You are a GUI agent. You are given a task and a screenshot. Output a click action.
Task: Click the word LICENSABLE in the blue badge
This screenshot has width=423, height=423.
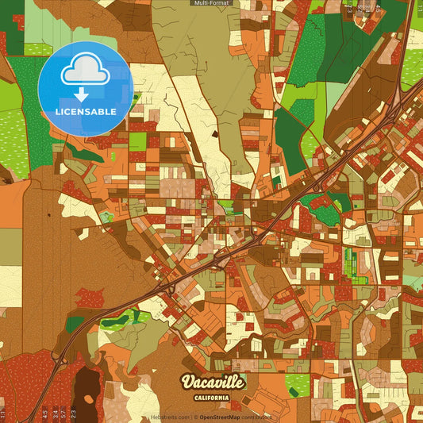click(86, 112)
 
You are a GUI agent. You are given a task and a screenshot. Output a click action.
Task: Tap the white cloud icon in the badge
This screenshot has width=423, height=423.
click(86, 73)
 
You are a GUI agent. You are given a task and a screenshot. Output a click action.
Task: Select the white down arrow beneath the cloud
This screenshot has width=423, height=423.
click(82, 94)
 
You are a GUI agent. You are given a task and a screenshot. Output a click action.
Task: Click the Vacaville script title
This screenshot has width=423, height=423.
click(212, 382)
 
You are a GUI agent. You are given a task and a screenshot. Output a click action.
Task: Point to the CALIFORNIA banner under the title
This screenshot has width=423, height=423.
click(212, 397)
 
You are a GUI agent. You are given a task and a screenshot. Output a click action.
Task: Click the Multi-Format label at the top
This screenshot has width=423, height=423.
click(211, 3)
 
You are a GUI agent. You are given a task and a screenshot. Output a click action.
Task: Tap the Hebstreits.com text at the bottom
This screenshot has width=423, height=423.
click(168, 417)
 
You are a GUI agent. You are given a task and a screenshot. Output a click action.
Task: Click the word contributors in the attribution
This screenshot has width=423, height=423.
click(257, 417)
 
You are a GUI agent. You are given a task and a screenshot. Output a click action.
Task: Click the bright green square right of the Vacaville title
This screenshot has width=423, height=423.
click(298, 384)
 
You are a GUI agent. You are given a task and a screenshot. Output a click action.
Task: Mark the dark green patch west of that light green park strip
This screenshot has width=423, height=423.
click(75, 324)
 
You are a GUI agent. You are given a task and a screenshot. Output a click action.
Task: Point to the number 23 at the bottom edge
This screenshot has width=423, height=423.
click(73, 413)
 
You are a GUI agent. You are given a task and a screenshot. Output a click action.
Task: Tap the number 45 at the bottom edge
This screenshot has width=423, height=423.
click(44, 413)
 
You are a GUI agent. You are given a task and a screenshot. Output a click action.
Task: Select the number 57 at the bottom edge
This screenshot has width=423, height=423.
click(63, 413)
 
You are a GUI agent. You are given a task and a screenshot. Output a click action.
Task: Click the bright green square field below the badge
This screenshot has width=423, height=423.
click(138, 141)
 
